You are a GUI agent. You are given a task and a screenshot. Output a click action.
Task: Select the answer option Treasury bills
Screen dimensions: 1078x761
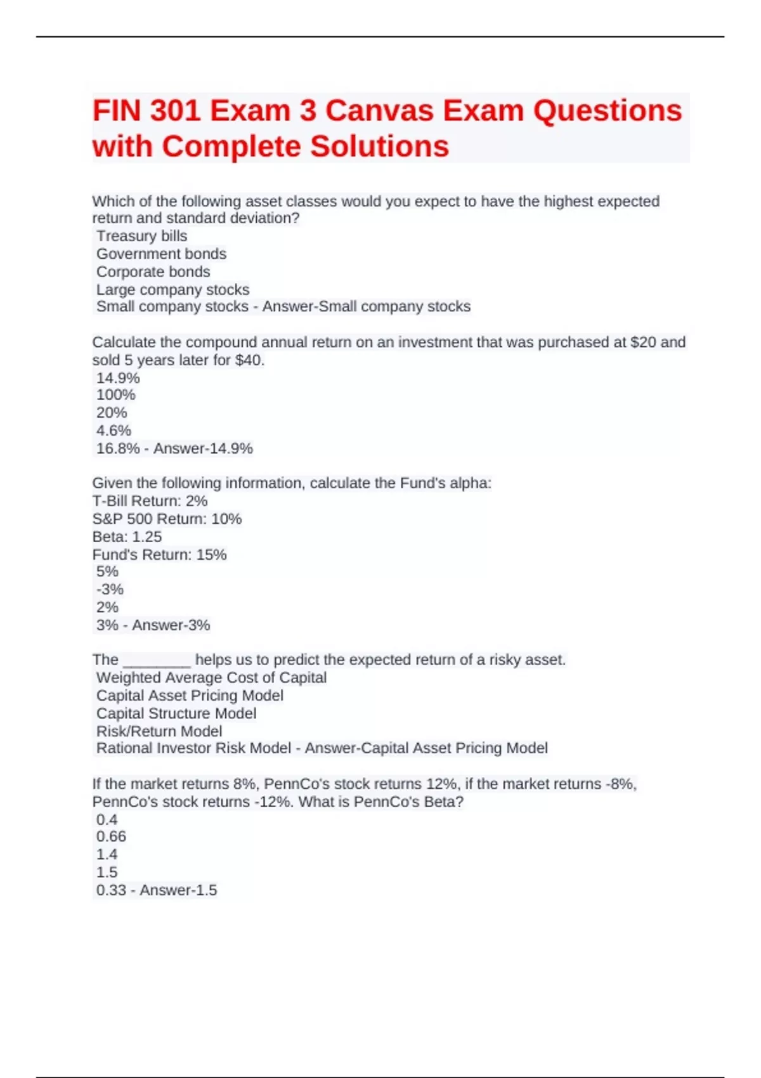pyautogui.click(x=141, y=236)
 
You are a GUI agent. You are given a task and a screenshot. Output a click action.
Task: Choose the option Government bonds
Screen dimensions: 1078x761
pyautogui.click(x=161, y=254)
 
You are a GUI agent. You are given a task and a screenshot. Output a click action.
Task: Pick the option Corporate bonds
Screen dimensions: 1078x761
pyautogui.click(x=153, y=271)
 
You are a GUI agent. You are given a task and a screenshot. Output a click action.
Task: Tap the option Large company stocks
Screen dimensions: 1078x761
pyautogui.click(x=172, y=289)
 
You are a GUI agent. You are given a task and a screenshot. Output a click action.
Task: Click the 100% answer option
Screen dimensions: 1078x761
pyautogui.click(x=115, y=395)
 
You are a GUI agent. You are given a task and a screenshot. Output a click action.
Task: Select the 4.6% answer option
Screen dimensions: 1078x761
pyautogui.click(x=114, y=431)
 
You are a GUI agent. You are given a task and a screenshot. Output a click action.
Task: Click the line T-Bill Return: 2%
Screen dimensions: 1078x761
pyautogui.click(x=150, y=501)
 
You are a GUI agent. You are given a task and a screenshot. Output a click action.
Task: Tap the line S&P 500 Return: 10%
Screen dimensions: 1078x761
pyautogui.click(x=167, y=519)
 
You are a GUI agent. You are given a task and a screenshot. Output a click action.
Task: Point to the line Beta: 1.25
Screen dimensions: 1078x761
pyautogui.click(x=127, y=536)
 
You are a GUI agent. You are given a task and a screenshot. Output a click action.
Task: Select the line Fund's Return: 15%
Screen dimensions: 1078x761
pyautogui.click(x=159, y=554)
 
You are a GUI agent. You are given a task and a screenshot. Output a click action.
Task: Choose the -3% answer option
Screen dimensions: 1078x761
pyautogui.click(x=110, y=589)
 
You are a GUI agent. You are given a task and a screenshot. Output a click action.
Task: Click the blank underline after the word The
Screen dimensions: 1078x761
pyautogui.click(x=157, y=661)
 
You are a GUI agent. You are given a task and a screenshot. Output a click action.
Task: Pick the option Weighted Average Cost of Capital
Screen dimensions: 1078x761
pyautogui.click(x=211, y=677)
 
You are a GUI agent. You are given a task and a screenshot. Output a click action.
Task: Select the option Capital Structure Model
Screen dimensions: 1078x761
pyautogui.click(x=176, y=713)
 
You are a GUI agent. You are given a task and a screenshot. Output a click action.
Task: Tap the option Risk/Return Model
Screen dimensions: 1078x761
pyautogui.click(x=159, y=731)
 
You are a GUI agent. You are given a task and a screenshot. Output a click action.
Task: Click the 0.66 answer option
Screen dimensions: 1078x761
pyautogui.click(x=111, y=836)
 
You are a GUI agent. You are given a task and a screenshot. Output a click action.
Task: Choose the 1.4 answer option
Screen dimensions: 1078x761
pyautogui.click(x=107, y=854)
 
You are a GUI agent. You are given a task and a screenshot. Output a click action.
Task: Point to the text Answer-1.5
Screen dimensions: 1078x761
pyautogui.click(x=178, y=890)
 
